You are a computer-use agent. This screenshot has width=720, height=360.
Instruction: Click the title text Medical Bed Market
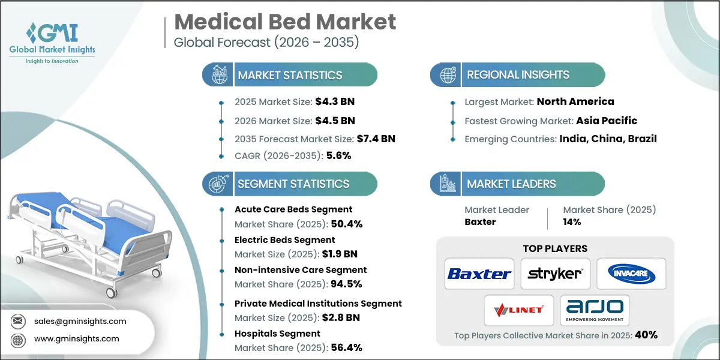pos(285,22)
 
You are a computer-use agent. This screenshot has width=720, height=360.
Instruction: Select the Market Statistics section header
pos(290,75)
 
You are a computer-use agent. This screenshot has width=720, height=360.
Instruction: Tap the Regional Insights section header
pos(518,75)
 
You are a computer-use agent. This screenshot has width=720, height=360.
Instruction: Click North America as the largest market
pos(575,101)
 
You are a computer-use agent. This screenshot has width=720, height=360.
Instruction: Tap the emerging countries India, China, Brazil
pos(608,139)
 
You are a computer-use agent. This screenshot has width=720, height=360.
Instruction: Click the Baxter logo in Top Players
pos(479,274)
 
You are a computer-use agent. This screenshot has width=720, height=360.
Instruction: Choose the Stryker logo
pos(555,274)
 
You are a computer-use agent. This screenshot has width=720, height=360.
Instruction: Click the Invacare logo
pos(631,274)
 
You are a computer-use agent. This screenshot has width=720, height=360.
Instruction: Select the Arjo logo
pos(594,310)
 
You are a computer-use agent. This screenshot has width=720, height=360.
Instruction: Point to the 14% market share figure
pos(572,222)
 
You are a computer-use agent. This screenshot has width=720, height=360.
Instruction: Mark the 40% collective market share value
pos(646,335)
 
